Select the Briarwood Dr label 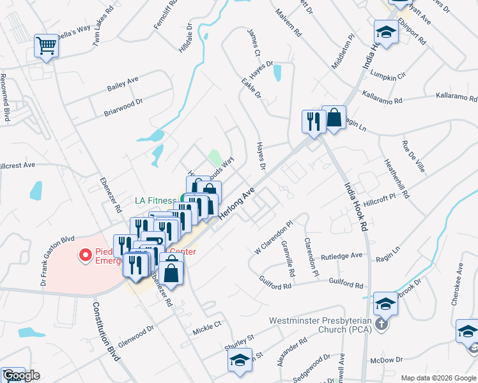123,107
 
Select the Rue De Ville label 412,157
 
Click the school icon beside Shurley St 240,361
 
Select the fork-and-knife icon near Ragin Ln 313,122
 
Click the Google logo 21,376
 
